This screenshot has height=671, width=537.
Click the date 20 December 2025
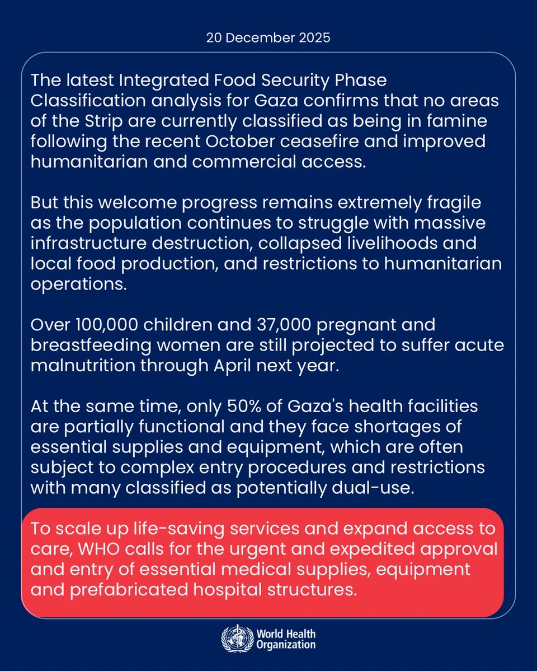tap(268, 40)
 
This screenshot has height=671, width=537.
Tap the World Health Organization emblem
tap(237, 639)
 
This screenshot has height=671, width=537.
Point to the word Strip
tap(96, 121)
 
